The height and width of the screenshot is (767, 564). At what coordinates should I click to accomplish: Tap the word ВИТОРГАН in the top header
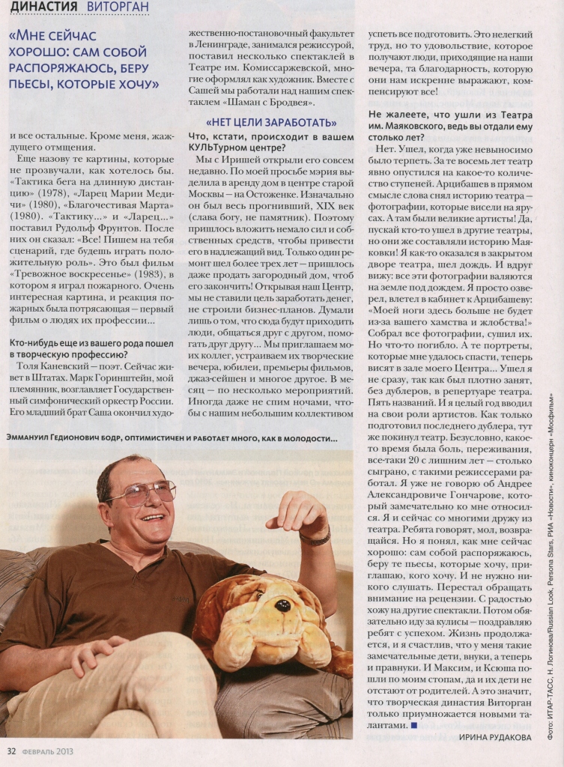pyautogui.click(x=118, y=7)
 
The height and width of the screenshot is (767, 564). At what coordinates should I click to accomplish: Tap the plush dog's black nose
pyautogui.click(x=282, y=605)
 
